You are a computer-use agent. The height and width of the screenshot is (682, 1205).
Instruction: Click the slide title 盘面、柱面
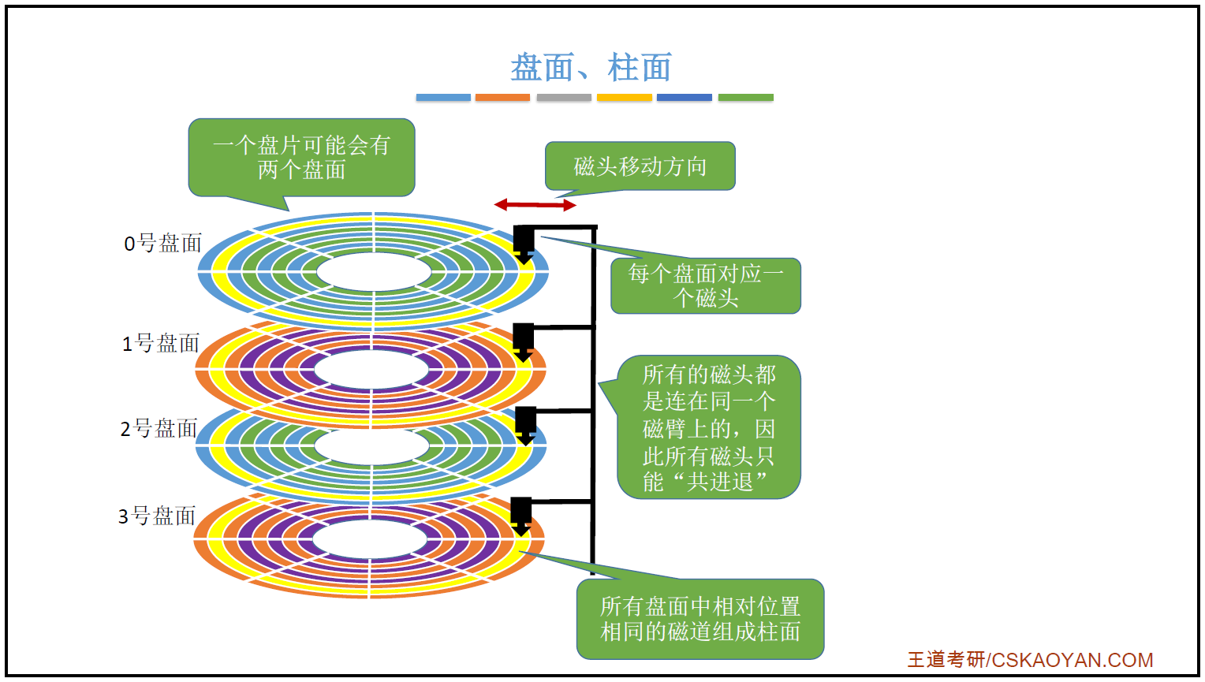point(591,68)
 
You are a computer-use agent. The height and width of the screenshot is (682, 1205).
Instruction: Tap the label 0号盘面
point(163,243)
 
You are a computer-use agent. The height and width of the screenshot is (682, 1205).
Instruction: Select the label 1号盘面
point(161,343)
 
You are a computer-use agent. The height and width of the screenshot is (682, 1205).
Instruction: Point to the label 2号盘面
point(159,428)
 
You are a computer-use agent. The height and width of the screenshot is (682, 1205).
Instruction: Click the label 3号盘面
point(157,516)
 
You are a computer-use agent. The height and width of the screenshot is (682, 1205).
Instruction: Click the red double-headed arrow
point(535,205)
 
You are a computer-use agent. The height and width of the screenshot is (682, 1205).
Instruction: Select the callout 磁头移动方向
point(640,166)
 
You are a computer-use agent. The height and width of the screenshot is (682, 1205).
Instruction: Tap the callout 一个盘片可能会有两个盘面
point(301,157)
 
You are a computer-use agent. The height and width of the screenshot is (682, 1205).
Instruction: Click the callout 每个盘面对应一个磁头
point(705,285)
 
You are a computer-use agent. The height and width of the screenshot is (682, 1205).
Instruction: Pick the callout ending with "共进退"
point(708,427)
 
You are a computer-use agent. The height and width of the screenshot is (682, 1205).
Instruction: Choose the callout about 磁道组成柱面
point(699,619)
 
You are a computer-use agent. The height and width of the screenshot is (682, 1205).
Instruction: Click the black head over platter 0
point(524,243)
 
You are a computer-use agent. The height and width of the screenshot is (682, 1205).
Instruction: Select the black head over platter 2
point(525,424)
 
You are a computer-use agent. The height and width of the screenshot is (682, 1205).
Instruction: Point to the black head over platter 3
point(520,514)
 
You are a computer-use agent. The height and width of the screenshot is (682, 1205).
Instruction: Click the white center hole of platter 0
point(373,272)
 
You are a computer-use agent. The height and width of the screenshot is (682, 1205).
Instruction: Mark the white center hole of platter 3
point(370,540)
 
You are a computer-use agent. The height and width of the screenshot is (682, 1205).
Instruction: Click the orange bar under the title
point(502,98)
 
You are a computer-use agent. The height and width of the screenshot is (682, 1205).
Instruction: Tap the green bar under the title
point(745,98)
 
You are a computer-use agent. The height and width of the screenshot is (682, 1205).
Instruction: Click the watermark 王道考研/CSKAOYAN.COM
point(1030,660)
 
